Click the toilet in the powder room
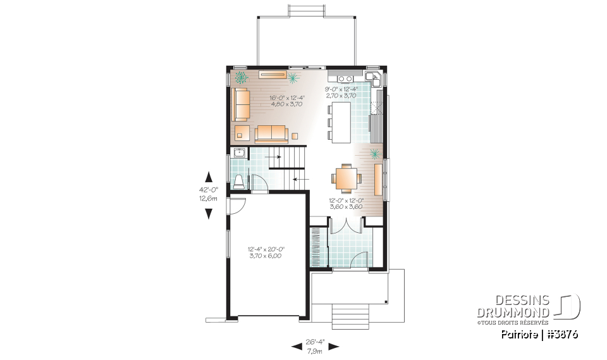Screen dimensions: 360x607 (239, 182)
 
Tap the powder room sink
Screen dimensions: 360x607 (239, 152)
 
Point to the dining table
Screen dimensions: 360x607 (345, 178)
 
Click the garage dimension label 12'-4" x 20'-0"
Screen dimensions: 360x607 (265, 252)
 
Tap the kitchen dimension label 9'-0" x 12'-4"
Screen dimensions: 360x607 (341, 92)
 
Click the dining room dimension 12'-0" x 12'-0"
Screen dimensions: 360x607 (345, 203)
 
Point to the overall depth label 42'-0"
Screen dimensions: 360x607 (208, 193)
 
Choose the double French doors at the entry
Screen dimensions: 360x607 (346, 226)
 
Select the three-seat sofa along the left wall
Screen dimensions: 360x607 (240, 104)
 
